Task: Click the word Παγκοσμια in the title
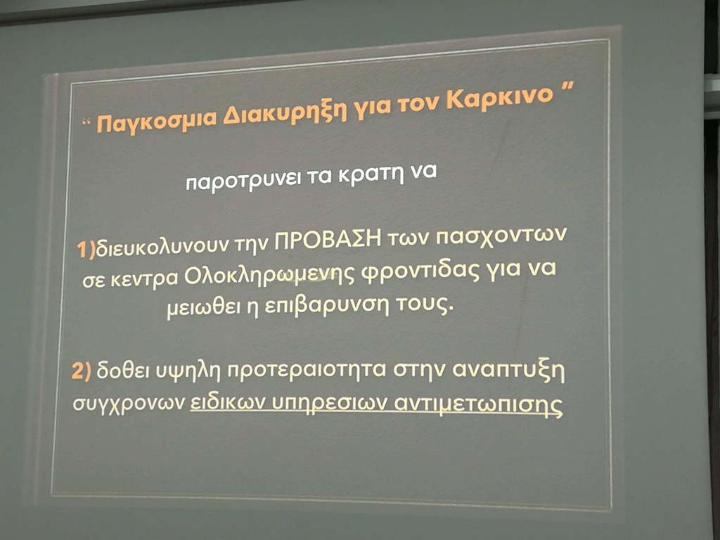click(x=156, y=121)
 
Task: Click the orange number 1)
click(x=85, y=250)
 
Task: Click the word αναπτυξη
click(x=508, y=370)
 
